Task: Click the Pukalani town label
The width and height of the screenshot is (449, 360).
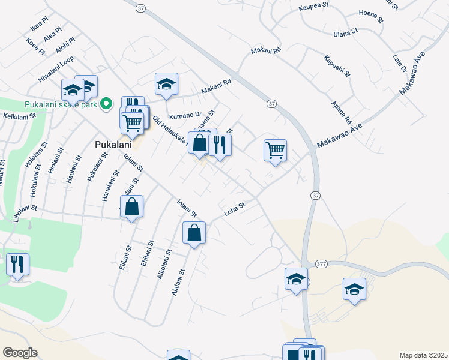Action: (x=113, y=145)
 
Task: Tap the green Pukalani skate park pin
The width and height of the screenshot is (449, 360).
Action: (x=107, y=104)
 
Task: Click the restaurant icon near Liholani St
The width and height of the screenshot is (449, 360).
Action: (x=17, y=265)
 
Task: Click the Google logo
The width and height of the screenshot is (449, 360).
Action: (x=20, y=353)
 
